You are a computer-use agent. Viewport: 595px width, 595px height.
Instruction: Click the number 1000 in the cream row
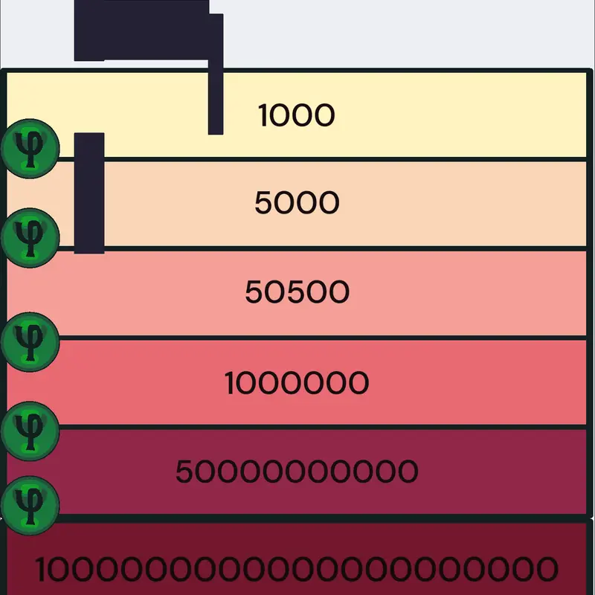tap(296, 115)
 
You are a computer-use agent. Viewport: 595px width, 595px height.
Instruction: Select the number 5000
tap(297, 202)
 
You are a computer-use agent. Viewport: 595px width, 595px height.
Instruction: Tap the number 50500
tap(297, 292)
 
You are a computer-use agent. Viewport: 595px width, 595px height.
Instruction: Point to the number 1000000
tap(296, 382)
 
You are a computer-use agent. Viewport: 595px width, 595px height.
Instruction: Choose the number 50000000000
tap(297, 472)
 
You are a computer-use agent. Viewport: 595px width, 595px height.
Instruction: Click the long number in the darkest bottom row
tap(296, 569)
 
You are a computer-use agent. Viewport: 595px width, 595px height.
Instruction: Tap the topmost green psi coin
tap(30, 148)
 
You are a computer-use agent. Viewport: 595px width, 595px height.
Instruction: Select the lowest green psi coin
tap(30, 506)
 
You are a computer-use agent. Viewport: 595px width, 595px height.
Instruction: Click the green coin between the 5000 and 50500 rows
tap(30, 238)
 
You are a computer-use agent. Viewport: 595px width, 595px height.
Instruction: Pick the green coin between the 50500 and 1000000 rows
tap(30, 342)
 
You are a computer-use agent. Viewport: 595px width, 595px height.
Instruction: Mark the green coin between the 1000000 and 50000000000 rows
tap(30, 431)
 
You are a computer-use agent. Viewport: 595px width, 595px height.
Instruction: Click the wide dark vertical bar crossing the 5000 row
tap(89, 193)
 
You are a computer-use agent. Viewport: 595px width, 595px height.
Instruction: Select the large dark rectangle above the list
tap(141, 30)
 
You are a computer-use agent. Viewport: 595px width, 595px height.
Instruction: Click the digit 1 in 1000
tap(263, 115)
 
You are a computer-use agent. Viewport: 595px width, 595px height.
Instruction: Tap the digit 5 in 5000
tap(264, 202)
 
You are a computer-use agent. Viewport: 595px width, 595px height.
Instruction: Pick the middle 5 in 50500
tap(297, 292)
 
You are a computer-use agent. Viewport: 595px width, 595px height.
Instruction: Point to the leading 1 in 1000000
tap(230, 382)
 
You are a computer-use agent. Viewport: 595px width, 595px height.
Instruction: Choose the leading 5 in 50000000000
tap(184, 472)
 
